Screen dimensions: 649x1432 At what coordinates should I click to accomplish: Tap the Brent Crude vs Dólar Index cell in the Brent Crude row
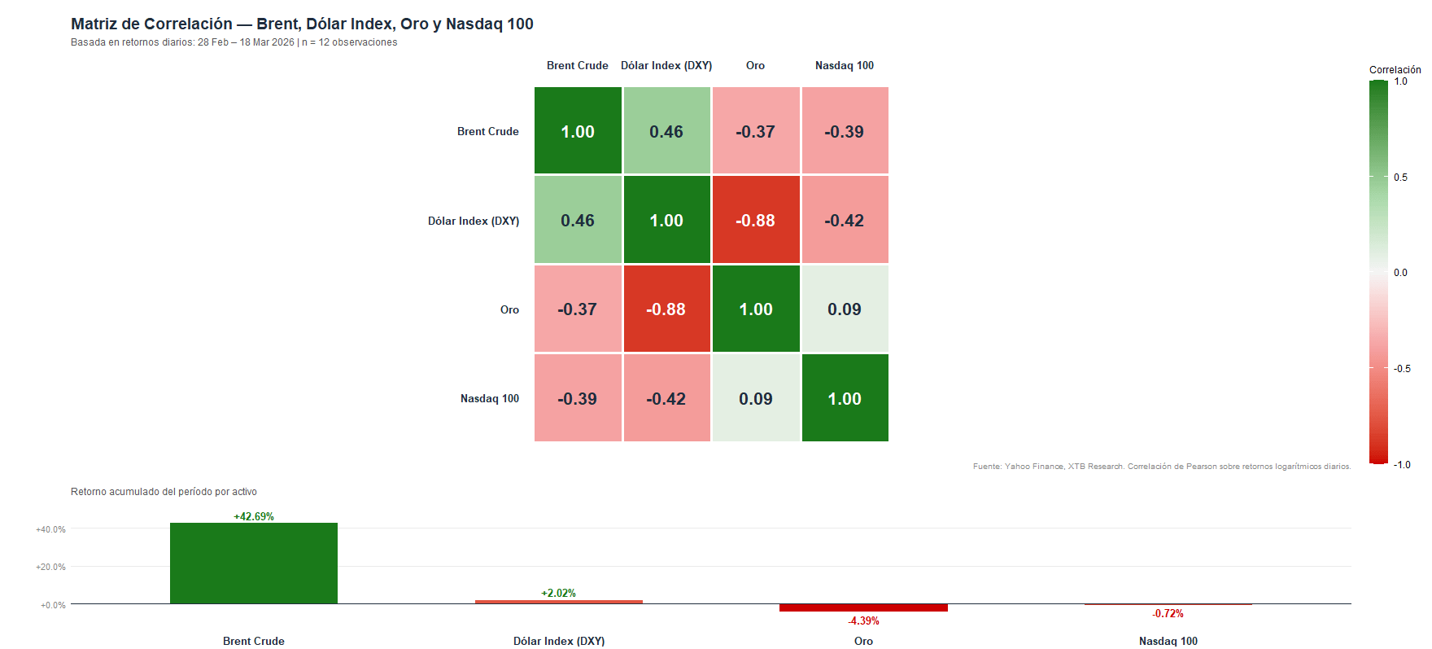[x=666, y=131]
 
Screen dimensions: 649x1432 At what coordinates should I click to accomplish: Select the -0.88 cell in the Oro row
[x=666, y=309]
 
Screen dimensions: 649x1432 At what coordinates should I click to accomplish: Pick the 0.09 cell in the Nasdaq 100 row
[x=756, y=398]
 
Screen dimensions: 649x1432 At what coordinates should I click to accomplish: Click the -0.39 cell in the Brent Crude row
[x=845, y=131]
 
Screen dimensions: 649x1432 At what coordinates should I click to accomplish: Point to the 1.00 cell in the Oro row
[x=756, y=309]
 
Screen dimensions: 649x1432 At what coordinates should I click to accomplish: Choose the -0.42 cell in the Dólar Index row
[x=845, y=221]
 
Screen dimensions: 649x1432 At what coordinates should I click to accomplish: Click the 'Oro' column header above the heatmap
[x=755, y=66]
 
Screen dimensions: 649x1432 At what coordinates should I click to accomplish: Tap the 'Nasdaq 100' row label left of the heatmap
[x=489, y=398]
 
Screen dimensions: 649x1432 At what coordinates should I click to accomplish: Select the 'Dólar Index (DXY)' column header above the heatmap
[x=666, y=66]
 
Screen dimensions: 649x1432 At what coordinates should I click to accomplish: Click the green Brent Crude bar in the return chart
[x=254, y=563]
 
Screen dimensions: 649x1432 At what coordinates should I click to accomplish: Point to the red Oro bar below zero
[x=863, y=607]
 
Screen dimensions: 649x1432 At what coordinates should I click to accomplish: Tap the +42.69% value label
[x=254, y=516]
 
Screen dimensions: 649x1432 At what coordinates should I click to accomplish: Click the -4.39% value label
[x=863, y=621]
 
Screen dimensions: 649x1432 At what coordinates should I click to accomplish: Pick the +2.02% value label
[x=558, y=593]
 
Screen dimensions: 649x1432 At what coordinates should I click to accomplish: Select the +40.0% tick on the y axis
[x=50, y=529]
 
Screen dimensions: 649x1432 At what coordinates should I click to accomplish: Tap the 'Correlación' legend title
[x=1395, y=70]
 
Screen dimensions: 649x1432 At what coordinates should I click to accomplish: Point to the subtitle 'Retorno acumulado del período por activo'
[x=164, y=492]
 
